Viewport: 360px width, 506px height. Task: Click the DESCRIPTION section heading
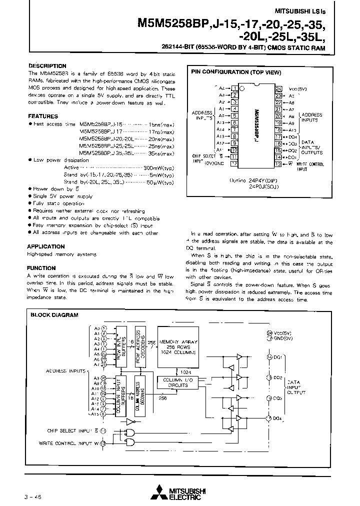click(47, 65)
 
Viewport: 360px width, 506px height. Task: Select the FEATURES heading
click(42, 116)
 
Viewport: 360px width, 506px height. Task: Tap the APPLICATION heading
click(45, 246)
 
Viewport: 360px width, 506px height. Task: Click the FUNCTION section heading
click(41, 268)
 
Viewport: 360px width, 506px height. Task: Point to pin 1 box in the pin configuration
click(233, 88)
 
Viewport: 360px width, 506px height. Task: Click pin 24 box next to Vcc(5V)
click(278, 88)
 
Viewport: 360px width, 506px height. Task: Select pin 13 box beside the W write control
click(278, 163)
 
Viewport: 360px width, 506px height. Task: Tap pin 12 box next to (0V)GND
click(233, 163)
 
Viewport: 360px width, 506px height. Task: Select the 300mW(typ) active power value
click(158, 167)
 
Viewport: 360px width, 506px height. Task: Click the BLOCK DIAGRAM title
click(54, 315)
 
